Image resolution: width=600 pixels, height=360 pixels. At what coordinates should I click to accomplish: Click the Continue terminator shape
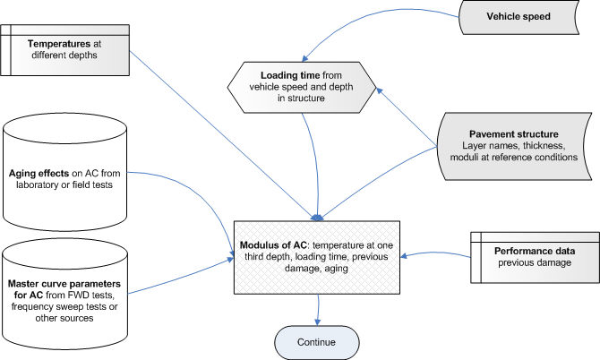[315, 341]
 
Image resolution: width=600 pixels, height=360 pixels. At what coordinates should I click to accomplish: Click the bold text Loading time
[289, 75]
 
